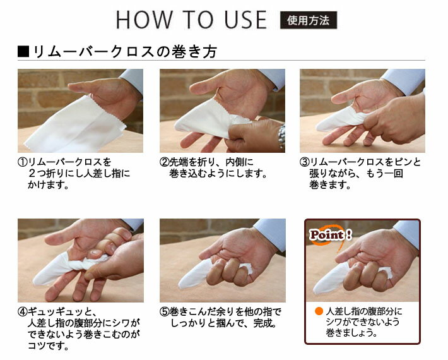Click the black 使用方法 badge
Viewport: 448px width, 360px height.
309,20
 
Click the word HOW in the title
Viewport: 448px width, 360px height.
144,20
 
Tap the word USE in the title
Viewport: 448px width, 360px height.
245,20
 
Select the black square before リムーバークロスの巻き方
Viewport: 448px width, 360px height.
23,51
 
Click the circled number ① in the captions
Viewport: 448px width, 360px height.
22,162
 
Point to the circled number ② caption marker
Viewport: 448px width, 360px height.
164,162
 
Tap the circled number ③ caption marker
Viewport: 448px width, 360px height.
304,162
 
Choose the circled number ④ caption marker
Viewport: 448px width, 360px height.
22,311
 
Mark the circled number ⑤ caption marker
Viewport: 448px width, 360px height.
164,311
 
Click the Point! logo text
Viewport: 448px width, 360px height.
331,235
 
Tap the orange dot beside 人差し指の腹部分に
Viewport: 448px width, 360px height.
319,311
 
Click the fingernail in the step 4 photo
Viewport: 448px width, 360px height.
95,253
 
